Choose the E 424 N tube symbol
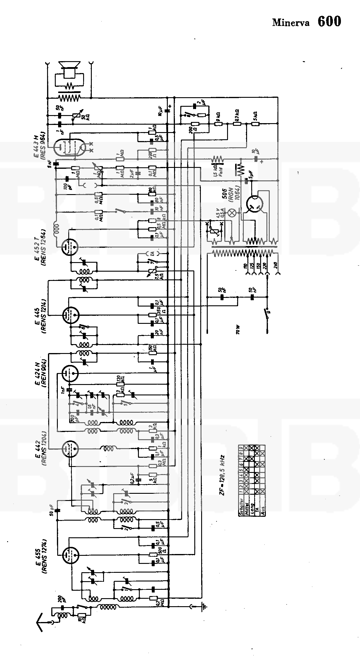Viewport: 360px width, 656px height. point(70,373)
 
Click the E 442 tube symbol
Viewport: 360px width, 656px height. point(70,448)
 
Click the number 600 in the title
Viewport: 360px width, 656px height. point(329,21)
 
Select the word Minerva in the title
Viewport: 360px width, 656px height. point(291,23)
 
